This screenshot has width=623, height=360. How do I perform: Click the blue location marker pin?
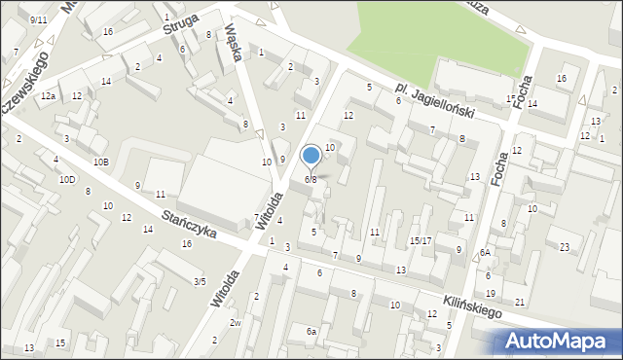[311, 156]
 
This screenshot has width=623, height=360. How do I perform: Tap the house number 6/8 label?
[311, 179]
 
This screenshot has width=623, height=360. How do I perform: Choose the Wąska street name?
[234, 43]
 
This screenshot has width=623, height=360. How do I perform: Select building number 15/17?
[421, 240]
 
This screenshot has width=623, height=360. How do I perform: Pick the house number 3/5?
[200, 282]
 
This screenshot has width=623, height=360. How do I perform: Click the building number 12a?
[48, 96]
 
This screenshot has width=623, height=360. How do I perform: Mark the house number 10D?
[66, 179]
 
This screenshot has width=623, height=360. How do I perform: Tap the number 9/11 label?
[38, 19]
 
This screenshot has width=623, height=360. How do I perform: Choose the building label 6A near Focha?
[485, 253]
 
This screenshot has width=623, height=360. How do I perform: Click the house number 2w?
[235, 323]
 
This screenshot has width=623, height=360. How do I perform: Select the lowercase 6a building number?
[311, 332]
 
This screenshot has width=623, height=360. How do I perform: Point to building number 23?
[565, 247]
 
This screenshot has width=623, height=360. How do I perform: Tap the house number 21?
[520, 303]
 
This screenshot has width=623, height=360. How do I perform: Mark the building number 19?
[491, 293]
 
